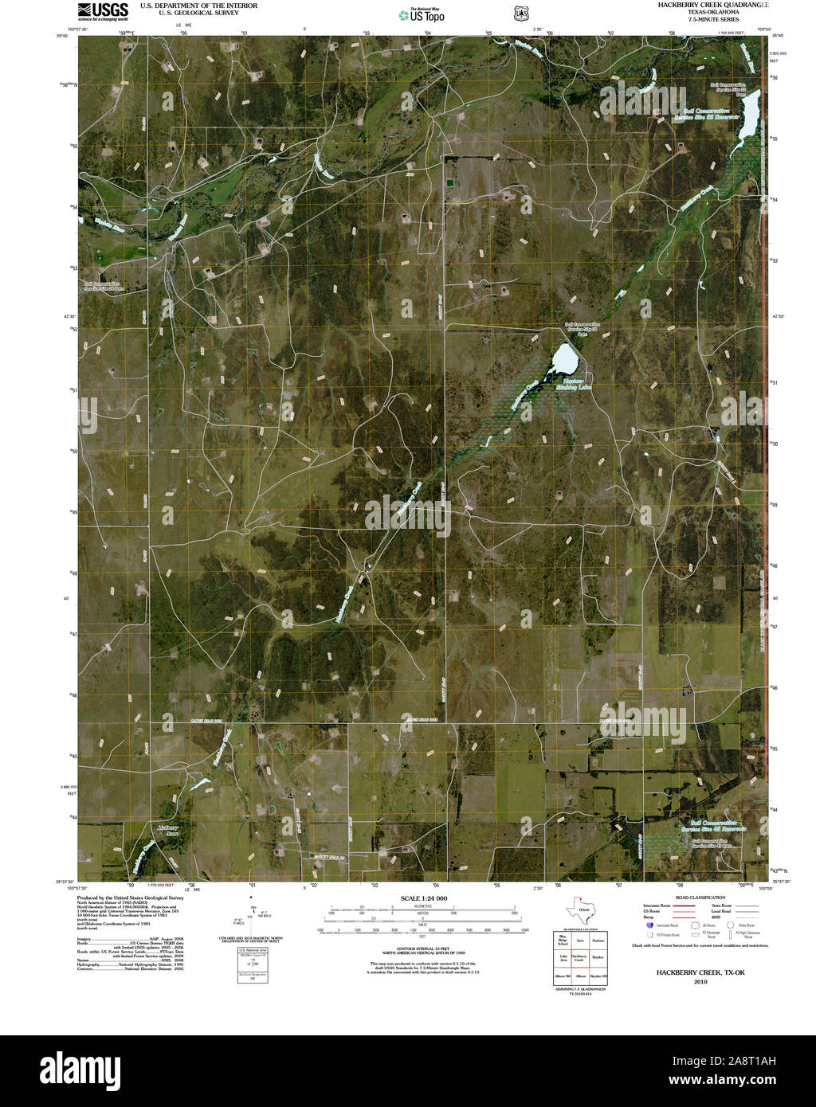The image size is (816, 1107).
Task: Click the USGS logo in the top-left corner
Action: pos(103,10)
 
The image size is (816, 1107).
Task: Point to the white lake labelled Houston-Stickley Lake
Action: pos(565,359)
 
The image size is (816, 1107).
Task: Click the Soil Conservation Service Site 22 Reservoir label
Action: pos(706,113)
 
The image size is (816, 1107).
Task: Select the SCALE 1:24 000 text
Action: pos(424,898)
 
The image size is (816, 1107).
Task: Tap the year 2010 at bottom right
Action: pos(700,981)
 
